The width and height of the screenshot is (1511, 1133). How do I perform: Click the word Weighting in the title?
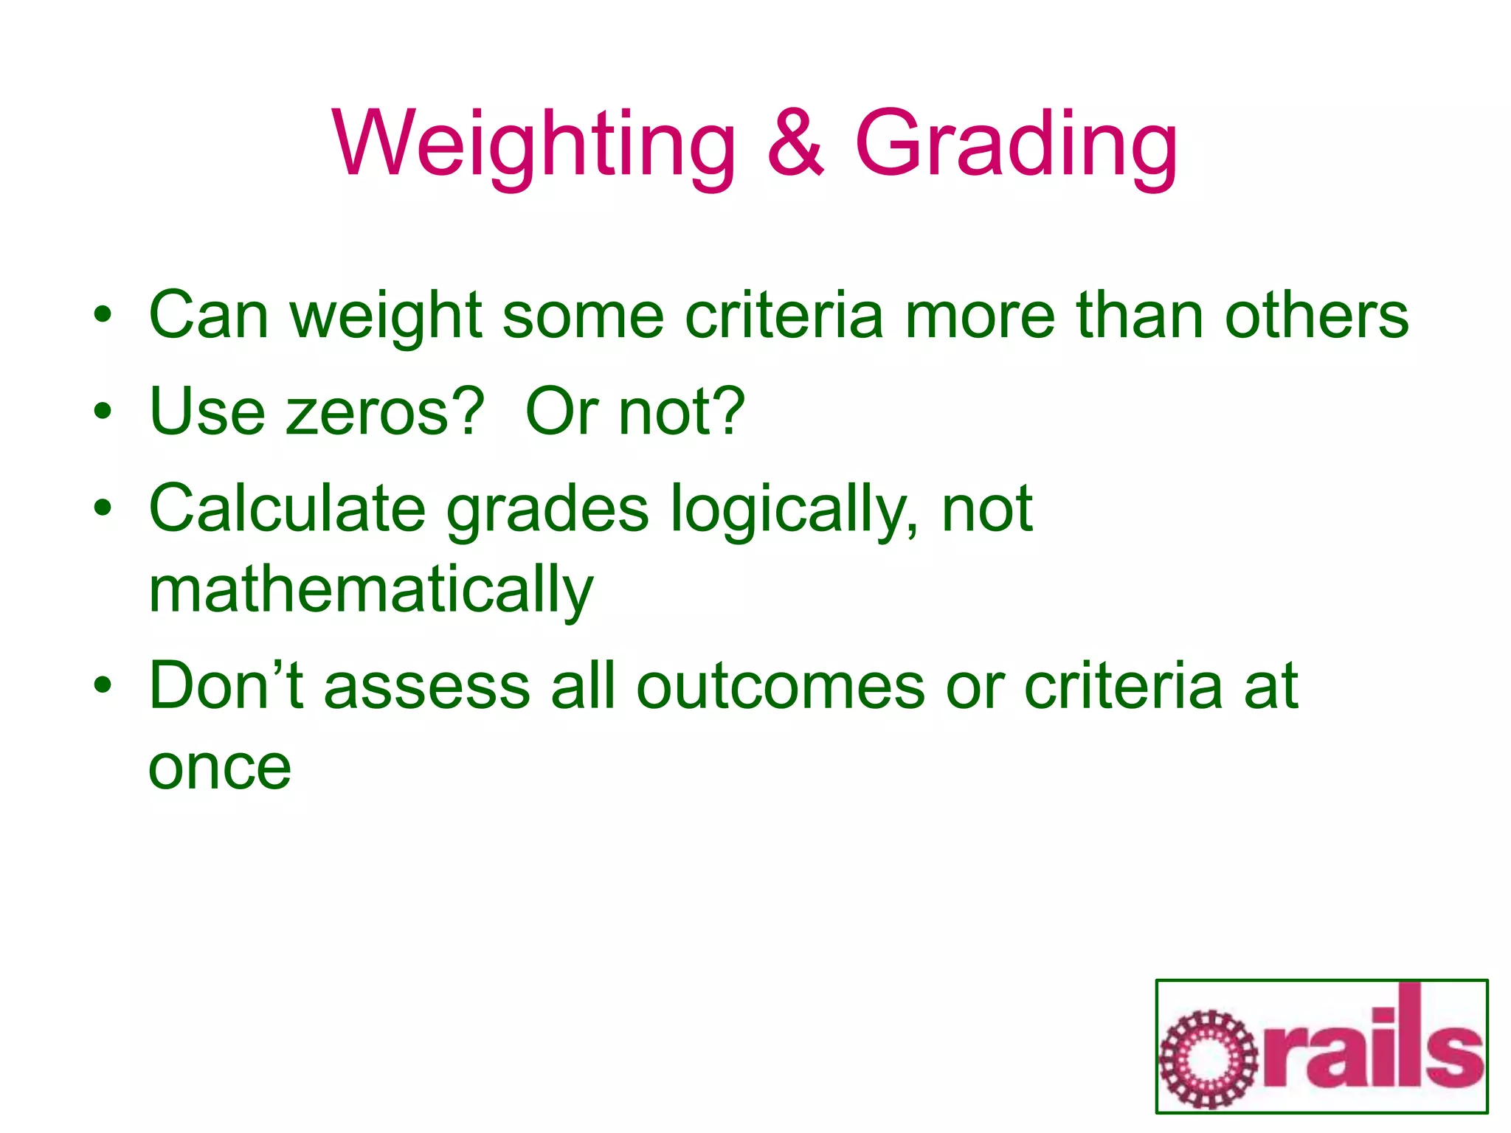[533, 144]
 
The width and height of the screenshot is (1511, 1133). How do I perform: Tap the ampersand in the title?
[795, 144]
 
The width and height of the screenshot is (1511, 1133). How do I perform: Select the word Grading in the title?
[1016, 144]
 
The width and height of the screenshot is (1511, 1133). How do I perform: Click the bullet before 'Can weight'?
[103, 315]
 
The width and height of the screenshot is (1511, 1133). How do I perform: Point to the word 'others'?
[1316, 316]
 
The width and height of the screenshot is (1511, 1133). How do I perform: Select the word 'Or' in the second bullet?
[561, 412]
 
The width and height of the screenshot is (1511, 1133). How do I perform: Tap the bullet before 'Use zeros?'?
[103, 412]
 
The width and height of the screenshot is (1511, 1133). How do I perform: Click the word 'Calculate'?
[287, 508]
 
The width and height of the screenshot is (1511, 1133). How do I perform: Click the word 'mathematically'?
[370, 590]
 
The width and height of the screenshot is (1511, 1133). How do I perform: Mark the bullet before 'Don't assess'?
[103, 685]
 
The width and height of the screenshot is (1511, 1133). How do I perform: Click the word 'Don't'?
[226, 685]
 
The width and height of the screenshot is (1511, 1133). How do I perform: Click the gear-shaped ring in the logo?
[1208, 1059]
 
